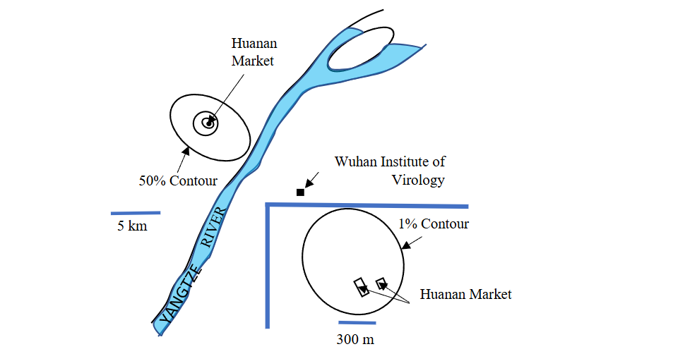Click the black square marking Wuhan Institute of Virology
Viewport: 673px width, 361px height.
[300, 192]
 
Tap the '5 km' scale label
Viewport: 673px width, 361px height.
[132, 226]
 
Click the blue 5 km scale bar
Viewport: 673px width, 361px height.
[135, 212]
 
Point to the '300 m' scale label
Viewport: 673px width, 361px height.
[355, 339]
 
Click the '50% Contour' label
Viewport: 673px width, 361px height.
[177, 180]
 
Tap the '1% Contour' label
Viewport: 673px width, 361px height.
[434, 224]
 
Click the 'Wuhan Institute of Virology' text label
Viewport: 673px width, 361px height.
[390, 171]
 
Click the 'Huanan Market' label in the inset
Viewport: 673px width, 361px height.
[465, 294]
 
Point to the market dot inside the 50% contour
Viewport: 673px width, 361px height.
[208, 123]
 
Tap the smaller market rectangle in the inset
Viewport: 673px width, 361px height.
[381, 283]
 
